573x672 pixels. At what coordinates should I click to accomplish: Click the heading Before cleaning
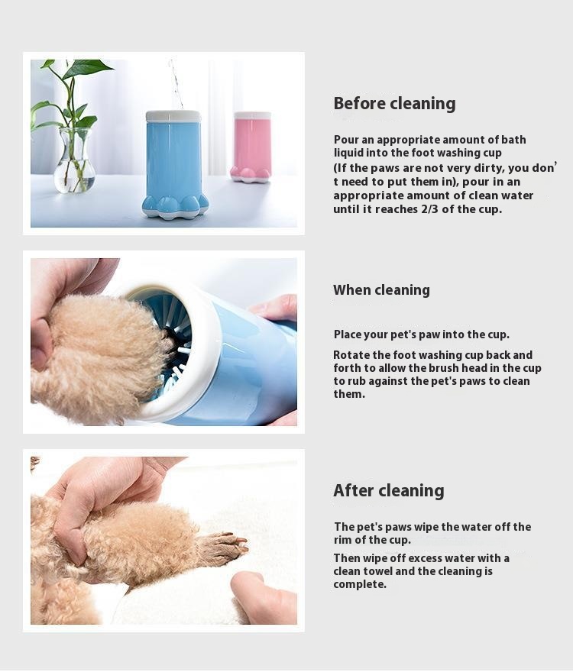click(x=394, y=104)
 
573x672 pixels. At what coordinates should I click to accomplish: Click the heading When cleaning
click(x=381, y=290)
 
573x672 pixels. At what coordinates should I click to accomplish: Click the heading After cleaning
click(x=388, y=490)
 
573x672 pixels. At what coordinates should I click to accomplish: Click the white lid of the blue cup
click(x=173, y=116)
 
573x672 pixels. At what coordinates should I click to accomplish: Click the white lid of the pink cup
click(x=252, y=116)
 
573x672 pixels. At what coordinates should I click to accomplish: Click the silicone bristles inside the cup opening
click(x=172, y=336)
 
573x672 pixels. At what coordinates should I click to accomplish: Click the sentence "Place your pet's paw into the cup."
click(x=421, y=334)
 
